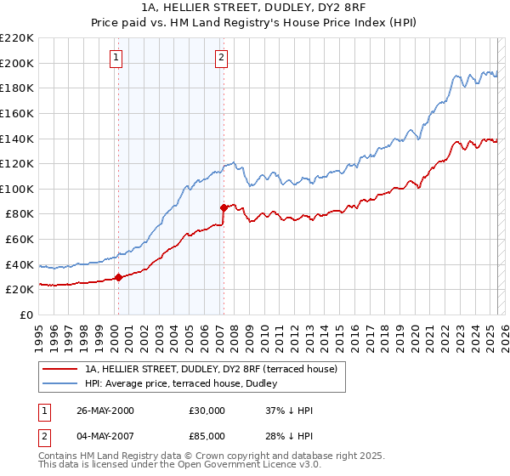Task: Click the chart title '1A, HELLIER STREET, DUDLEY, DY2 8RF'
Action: coord(254,10)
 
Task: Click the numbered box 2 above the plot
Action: coord(221,58)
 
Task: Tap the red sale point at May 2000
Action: coord(119,277)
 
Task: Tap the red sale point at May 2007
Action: coord(224,207)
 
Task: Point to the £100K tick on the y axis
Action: coord(20,189)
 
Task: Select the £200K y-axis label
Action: coord(20,63)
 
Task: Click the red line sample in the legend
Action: coord(59,369)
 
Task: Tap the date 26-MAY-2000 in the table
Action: coord(105,411)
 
